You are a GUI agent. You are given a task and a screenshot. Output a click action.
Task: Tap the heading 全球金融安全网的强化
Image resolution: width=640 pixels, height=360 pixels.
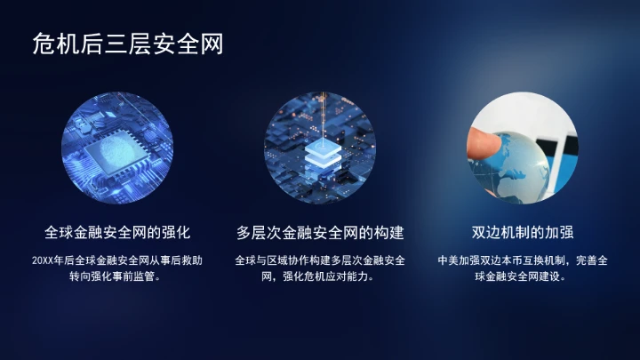117,233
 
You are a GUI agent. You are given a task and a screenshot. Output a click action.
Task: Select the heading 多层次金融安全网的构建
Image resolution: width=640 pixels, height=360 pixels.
320,233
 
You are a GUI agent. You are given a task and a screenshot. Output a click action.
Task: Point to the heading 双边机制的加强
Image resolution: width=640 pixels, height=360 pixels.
523,233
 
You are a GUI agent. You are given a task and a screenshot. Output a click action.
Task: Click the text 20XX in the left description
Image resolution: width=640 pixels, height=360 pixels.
43,261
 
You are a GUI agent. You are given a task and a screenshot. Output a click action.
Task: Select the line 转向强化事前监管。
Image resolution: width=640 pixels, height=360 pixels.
117,277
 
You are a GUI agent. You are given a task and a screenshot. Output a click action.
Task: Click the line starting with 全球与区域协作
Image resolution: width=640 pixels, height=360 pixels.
320,261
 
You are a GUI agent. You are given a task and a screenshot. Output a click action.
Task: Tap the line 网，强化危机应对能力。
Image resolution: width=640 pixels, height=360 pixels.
320,277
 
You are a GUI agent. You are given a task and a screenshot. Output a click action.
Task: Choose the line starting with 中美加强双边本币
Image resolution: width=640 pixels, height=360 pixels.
523,261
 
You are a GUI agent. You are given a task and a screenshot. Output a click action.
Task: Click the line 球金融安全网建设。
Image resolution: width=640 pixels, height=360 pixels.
523,277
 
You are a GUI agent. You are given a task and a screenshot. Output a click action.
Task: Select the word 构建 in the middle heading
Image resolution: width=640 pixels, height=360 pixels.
388,233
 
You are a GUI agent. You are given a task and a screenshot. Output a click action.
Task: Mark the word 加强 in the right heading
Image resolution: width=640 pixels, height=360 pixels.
558,233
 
